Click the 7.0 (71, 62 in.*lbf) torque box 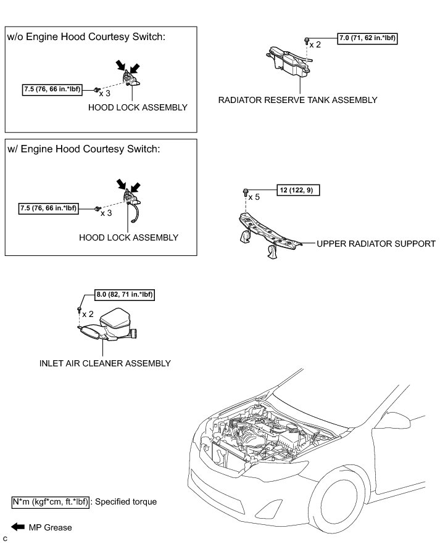pos(367,39)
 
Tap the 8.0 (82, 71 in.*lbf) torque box pos(123,295)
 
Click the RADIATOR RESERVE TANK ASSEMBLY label pos(297,100)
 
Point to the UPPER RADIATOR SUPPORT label pos(376,244)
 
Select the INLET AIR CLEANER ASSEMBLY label pos(104,363)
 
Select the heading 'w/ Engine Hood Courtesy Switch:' pos(83,149)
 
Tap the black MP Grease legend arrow pos(18,527)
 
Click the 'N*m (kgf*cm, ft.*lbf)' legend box pos(51,501)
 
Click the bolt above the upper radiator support pos(246,191)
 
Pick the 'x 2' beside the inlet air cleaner pos(88,314)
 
